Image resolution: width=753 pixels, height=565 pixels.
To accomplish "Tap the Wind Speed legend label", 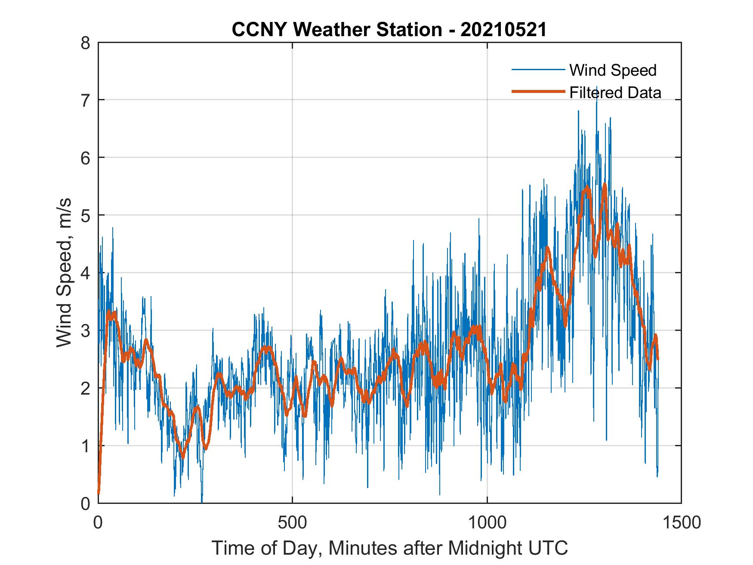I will pyautogui.click(x=613, y=70).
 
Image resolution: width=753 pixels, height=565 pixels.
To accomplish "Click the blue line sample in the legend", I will pyautogui.click(x=538, y=70).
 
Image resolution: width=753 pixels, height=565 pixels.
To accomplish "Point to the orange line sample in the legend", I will pyautogui.click(x=538, y=92).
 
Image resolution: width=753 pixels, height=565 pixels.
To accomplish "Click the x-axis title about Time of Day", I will pyautogui.click(x=390, y=548).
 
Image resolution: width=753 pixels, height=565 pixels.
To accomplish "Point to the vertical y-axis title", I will pyautogui.click(x=65, y=273).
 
